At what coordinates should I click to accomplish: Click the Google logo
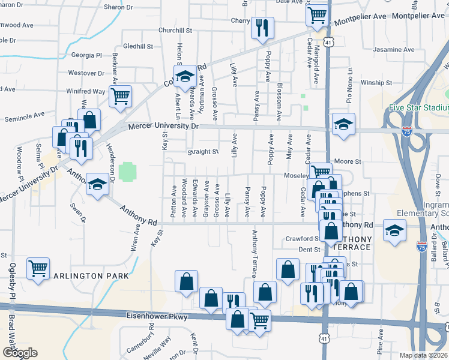[20, 353]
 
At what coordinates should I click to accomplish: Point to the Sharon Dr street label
[118, 7]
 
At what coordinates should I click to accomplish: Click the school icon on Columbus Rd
[186, 75]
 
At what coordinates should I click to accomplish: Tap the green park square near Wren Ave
[127, 172]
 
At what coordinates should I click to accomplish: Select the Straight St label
[202, 152]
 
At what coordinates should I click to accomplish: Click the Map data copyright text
[424, 355]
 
